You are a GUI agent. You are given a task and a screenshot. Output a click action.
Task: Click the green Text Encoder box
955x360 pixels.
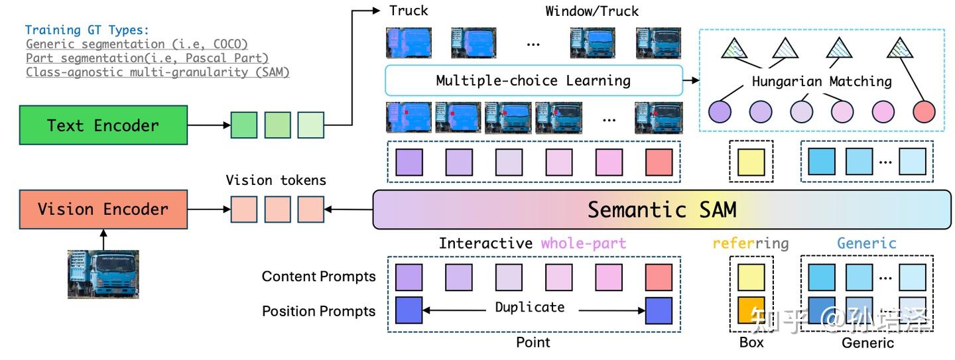coord(103,125)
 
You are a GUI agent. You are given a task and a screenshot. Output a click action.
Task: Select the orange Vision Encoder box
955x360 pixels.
coord(103,210)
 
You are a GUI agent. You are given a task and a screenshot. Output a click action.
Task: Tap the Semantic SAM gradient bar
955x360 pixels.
coord(661,210)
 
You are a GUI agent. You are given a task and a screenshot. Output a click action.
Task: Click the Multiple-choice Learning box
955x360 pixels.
coord(533,81)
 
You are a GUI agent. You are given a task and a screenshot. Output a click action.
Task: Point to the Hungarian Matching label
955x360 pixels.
coord(822,82)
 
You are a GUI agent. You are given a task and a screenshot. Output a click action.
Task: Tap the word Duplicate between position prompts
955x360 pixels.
coord(530,308)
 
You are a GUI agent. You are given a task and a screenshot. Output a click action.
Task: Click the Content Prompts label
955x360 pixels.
coord(318,276)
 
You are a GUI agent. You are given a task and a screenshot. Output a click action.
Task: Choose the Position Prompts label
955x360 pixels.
coord(318,311)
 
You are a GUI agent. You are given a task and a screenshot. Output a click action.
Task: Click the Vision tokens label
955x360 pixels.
coord(276,180)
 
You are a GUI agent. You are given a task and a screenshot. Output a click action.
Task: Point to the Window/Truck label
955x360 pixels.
coord(592,11)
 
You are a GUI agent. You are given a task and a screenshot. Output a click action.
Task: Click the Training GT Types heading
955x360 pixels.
coord(88,30)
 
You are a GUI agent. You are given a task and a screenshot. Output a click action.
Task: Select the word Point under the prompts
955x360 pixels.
coord(533,342)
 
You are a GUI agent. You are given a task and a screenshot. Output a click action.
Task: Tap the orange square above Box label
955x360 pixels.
coord(751,310)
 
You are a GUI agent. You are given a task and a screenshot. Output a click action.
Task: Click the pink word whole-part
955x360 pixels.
coord(583,243)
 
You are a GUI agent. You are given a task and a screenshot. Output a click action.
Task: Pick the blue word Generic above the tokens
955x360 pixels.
coord(866,243)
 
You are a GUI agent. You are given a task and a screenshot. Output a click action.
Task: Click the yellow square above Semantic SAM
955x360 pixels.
coord(751,162)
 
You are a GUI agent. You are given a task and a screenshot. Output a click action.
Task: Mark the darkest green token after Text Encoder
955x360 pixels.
coord(243,125)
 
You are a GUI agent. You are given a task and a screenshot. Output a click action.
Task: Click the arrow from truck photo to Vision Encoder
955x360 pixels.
coord(103,238)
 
